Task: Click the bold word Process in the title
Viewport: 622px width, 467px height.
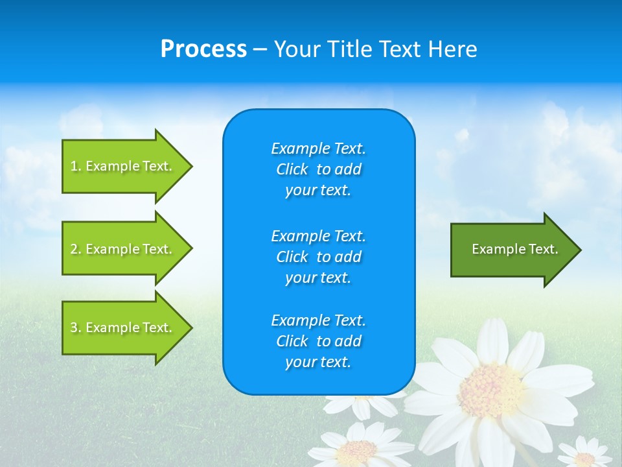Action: tap(203, 49)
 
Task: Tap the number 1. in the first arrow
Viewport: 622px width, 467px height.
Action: tap(76, 166)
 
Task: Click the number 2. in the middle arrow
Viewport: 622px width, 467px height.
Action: tap(76, 249)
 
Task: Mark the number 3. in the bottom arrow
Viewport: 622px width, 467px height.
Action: tap(76, 328)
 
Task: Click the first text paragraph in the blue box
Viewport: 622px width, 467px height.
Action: tap(318, 169)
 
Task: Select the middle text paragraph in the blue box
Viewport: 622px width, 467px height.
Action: tap(318, 257)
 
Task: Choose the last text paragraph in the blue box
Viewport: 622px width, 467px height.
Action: tap(318, 341)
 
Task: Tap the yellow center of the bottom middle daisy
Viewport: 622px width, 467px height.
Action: tap(357, 449)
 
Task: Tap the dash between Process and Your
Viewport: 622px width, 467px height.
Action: tap(260, 49)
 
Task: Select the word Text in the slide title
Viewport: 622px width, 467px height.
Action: tap(398, 49)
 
